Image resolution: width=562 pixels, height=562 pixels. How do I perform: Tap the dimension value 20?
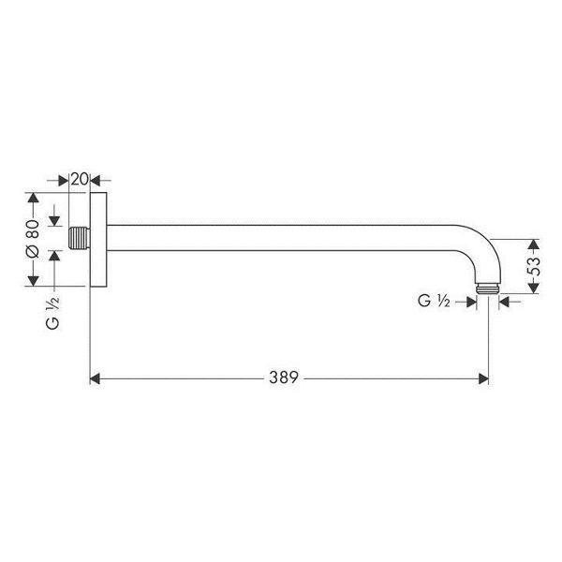click(81, 178)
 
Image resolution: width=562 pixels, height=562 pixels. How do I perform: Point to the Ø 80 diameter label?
click(33, 240)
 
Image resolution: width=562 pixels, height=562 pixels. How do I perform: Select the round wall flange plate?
click(96, 240)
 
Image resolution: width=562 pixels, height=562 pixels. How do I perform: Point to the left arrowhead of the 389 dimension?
click(95, 378)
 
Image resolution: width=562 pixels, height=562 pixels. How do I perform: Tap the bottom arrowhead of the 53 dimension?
click(534, 287)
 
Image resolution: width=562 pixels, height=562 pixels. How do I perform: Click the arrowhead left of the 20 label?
click(64, 178)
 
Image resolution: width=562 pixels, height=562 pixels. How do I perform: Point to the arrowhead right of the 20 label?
click(104, 178)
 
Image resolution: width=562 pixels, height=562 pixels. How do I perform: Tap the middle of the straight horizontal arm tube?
click(281, 228)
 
